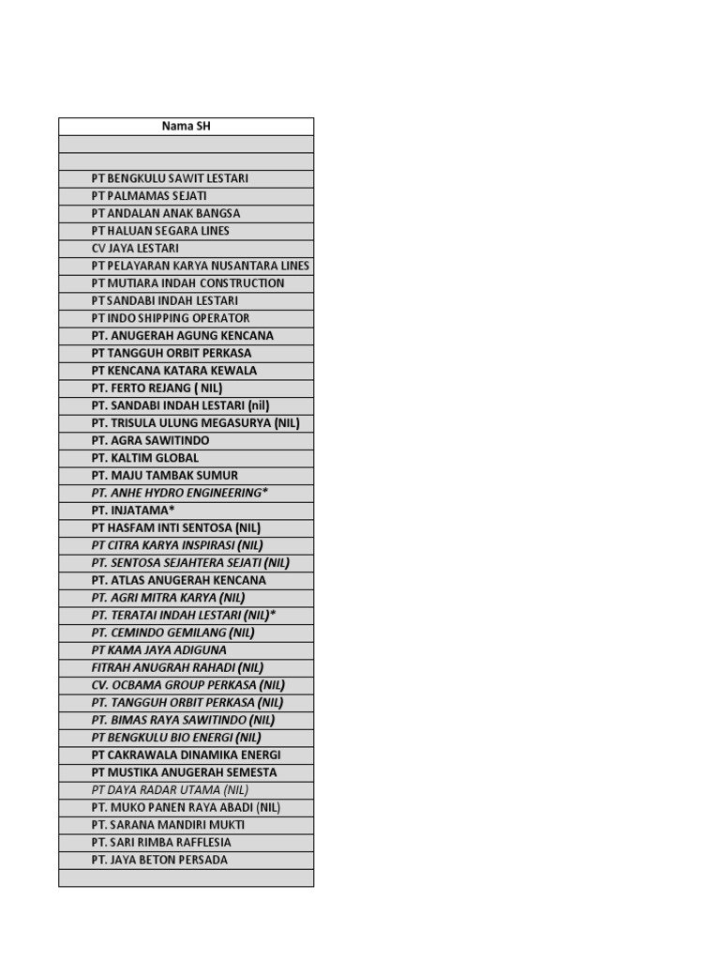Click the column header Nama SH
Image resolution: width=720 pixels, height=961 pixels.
(x=186, y=126)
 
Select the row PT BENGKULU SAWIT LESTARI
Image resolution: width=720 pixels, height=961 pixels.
(x=170, y=178)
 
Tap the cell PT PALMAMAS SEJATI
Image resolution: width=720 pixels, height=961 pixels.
(x=149, y=196)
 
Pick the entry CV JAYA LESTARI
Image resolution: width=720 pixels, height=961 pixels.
(x=135, y=249)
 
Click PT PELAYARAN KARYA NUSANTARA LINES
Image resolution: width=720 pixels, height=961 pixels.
(x=201, y=266)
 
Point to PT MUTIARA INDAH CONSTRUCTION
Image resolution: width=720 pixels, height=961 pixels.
(x=187, y=283)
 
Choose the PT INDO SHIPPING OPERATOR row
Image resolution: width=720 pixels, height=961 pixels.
(x=171, y=318)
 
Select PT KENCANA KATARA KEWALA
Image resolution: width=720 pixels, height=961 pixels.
(x=173, y=371)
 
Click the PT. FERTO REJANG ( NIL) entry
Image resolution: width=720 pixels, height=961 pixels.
(x=157, y=388)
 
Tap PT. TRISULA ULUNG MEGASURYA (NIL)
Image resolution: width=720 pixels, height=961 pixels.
(x=195, y=423)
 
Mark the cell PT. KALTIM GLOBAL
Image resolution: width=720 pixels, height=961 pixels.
(x=145, y=458)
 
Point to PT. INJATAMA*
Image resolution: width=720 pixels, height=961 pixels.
(x=133, y=511)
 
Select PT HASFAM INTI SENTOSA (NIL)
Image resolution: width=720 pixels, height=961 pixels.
(x=176, y=527)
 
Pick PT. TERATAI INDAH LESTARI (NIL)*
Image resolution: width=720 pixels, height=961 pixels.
(x=184, y=615)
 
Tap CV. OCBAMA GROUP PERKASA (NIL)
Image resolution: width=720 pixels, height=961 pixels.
(x=187, y=685)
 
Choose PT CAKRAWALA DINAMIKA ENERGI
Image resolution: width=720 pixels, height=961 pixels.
(x=186, y=755)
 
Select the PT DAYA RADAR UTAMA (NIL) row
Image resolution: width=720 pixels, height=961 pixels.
(x=170, y=790)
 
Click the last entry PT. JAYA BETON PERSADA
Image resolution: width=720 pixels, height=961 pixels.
(x=159, y=860)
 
